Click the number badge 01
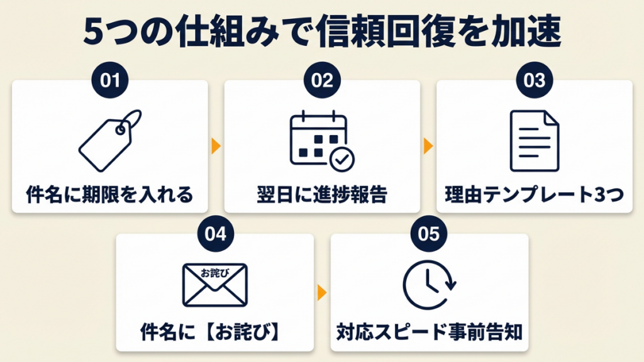coord(109,81)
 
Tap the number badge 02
coord(322,81)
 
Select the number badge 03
coord(534,81)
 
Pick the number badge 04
coord(215,234)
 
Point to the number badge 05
coord(428,234)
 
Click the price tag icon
coord(109,141)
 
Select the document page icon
coord(534,141)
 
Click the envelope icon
coord(214,285)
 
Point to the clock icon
coord(428,285)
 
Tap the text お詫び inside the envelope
coord(214,274)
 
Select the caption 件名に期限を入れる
coord(109,194)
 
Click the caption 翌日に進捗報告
coord(322,194)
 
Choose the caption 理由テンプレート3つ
coord(534,194)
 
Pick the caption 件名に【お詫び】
coord(214,332)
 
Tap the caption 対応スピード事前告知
coord(429,332)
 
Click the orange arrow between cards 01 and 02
coord(216,146)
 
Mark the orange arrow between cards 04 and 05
coord(322,292)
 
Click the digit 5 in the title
coord(93,34)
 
